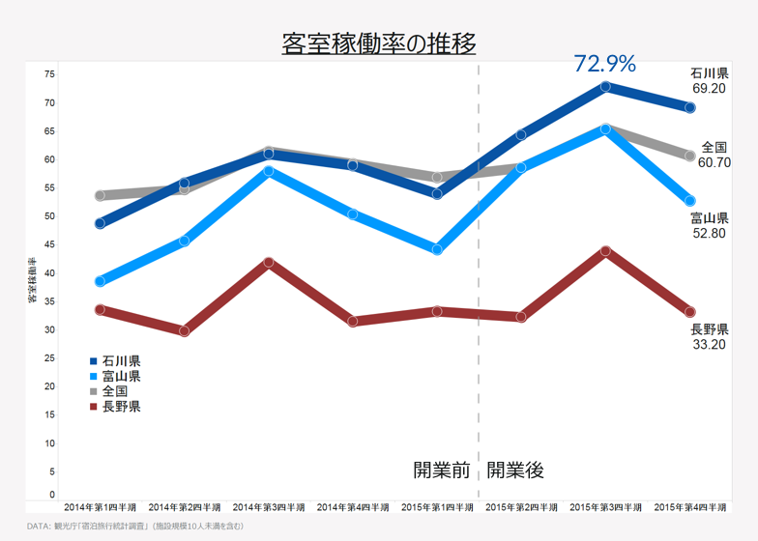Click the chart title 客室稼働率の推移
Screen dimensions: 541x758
379,43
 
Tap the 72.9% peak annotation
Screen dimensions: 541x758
604,64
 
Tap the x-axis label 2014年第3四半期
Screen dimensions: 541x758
268,507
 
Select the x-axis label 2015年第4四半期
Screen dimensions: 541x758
690,507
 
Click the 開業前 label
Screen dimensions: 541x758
442,470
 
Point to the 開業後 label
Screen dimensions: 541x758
515,470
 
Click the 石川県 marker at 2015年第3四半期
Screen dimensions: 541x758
605,87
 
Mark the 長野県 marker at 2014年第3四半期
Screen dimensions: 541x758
268,263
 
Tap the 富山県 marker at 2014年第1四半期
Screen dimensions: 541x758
100,282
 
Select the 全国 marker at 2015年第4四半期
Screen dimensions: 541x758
690,156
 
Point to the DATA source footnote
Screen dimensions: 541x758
135,527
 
